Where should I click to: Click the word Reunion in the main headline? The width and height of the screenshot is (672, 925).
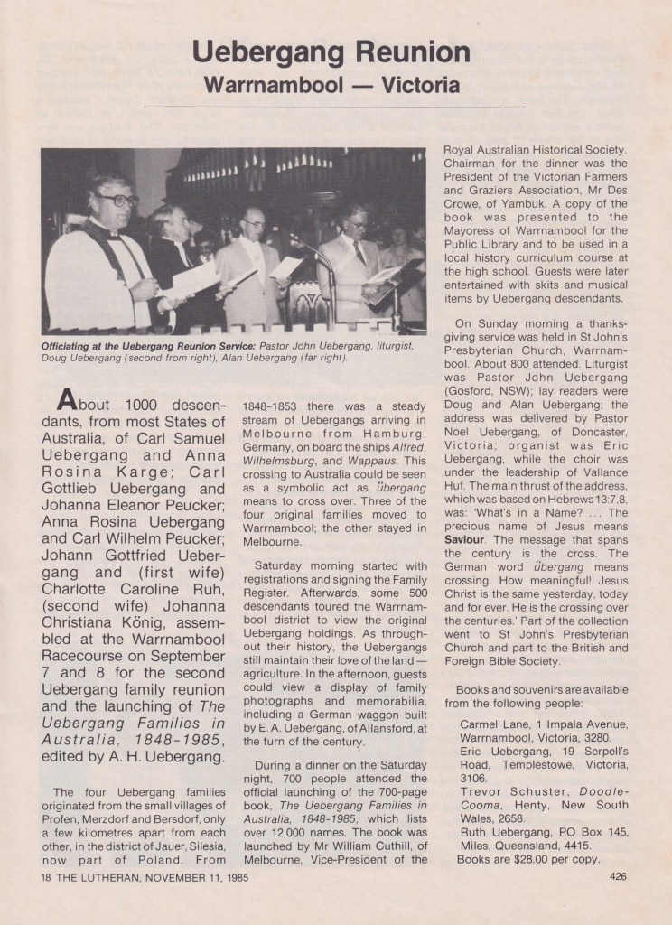click(408, 56)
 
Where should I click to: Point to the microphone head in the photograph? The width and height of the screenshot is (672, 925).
click(294, 238)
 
